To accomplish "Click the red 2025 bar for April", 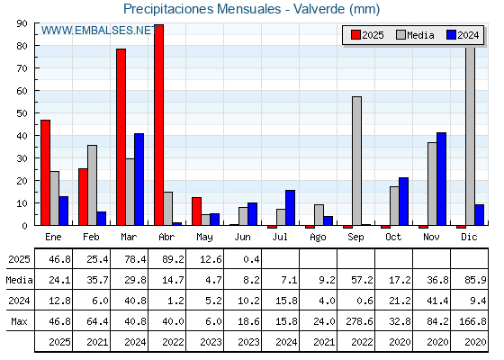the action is [x=158, y=125].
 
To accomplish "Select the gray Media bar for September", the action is [x=356, y=161].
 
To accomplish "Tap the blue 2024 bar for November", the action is [x=441, y=179].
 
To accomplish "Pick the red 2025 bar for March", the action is [x=121, y=137].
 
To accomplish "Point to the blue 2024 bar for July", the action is [x=290, y=208].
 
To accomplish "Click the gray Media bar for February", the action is [x=92, y=185].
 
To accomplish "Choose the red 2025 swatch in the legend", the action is [x=355, y=35].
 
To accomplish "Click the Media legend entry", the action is [x=415, y=35].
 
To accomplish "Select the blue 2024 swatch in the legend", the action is [x=451, y=35].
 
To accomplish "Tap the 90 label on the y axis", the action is [x=22, y=23].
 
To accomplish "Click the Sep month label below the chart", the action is [x=355, y=238].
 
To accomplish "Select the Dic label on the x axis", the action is [x=469, y=237].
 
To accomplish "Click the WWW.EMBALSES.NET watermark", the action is [x=99, y=31].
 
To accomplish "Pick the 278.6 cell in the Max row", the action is [x=360, y=321].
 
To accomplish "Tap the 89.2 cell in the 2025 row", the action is [x=173, y=259].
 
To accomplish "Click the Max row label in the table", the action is [x=19, y=321].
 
